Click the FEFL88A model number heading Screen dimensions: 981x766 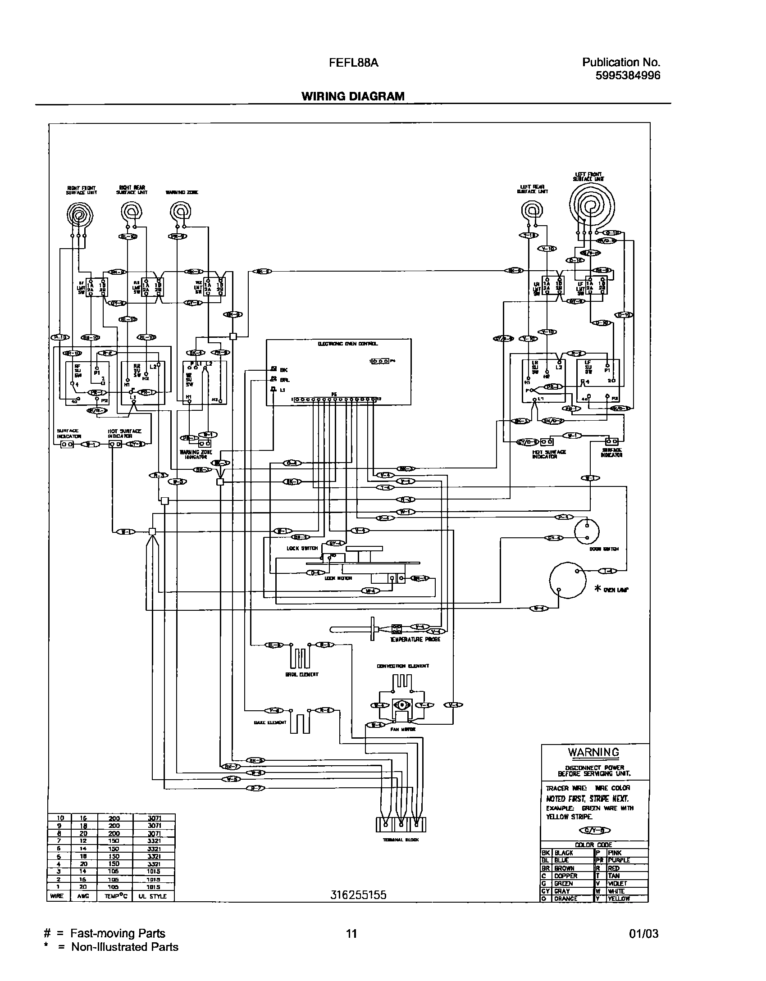coord(354,63)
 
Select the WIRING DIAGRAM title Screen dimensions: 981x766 coord(353,96)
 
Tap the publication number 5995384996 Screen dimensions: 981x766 coord(628,76)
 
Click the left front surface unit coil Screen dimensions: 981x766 coord(592,207)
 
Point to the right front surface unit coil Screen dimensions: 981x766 coord(80,216)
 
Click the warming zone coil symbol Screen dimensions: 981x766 coord(181,211)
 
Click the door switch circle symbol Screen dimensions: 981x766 coord(587,531)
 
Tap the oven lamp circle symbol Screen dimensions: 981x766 coord(568,580)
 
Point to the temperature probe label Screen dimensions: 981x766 coord(415,639)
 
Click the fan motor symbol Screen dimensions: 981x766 coord(400,705)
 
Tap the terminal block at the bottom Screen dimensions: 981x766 coord(401,824)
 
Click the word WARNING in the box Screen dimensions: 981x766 coord(593,752)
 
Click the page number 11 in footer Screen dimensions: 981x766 coord(351,934)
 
